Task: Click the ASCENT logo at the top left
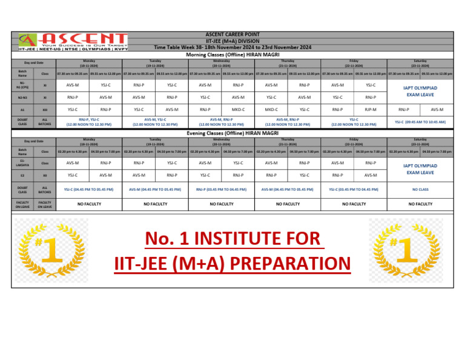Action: click(73, 41)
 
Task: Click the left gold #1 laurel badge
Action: click(51, 249)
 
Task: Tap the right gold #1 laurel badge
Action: click(405, 249)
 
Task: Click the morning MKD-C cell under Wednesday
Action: click(238, 110)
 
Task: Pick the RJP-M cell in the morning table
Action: click(370, 110)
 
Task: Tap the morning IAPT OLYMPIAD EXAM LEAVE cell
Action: click(420, 91)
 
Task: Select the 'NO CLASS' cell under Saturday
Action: click(420, 189)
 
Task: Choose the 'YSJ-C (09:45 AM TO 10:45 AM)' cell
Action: click(420, 122)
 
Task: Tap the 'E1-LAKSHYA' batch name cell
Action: click(22, 163)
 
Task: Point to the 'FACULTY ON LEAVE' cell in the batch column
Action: click(22, 204)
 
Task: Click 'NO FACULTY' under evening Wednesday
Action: click(221, 204)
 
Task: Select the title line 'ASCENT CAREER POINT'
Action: click(232, 35)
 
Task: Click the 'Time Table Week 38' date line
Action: click(232, 47)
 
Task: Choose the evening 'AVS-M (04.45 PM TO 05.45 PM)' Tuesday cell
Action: click(155, 189)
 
